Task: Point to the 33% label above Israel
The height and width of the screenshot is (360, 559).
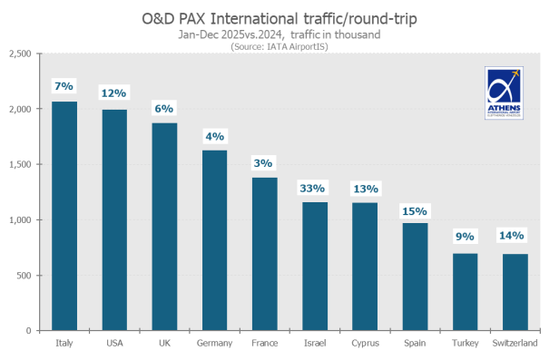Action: (x=313, y=189)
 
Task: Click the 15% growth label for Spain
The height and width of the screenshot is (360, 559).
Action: (x=413, y=210)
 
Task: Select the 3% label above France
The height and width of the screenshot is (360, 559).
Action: (x=263, y=163)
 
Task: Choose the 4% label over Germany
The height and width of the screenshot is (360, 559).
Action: (x=214, y=136)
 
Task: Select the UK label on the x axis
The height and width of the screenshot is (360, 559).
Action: (x=164, y=344)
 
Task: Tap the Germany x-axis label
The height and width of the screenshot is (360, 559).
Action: (x=214, y=344)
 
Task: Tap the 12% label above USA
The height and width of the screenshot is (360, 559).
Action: (x=114, y=93)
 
